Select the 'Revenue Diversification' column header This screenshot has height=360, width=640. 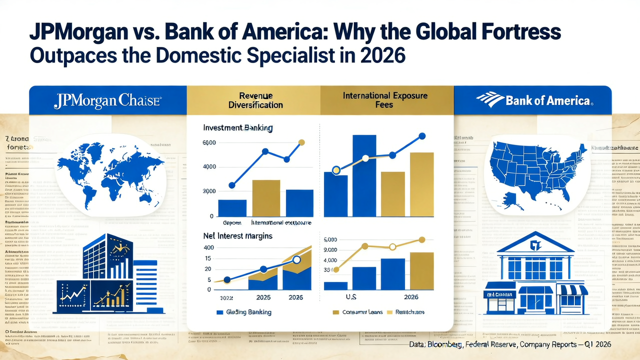255,100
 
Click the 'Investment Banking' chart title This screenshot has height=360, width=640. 237,128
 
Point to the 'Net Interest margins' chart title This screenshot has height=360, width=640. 237,235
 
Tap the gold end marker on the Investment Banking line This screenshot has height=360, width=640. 301,142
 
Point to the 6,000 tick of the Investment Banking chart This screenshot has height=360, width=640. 208,143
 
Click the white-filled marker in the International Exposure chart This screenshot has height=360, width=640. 365,158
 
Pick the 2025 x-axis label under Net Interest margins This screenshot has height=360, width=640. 263,297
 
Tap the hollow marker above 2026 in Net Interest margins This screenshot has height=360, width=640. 296,259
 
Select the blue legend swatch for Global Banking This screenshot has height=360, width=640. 219,312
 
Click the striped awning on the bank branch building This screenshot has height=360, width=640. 572,290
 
